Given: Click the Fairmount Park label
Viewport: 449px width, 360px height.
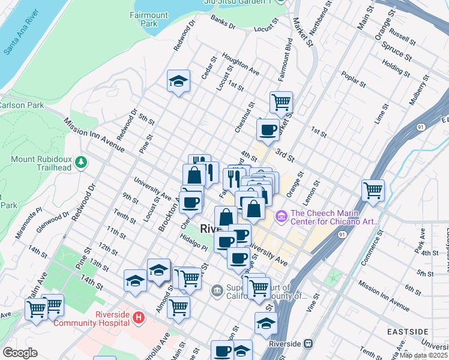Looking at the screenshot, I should tap(145, 19).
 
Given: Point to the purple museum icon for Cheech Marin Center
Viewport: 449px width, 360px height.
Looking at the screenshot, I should tap(281, 215).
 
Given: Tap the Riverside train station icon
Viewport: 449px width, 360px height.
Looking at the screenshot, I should tap(308, 344).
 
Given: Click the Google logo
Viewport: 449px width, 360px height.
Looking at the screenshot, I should tap(20, 353).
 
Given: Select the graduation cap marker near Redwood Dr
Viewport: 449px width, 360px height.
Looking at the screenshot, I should tap(178, 81).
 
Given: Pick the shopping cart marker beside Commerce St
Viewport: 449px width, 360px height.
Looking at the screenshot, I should tap(373, 191).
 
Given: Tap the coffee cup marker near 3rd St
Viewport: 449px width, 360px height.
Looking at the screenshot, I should tap(268, 129).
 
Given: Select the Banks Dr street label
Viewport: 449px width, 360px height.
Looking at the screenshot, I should tap(223, 21).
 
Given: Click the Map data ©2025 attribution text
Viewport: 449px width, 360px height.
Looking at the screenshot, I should tap(424, 355).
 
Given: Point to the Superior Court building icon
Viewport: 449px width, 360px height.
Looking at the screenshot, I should tap(217, 292).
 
